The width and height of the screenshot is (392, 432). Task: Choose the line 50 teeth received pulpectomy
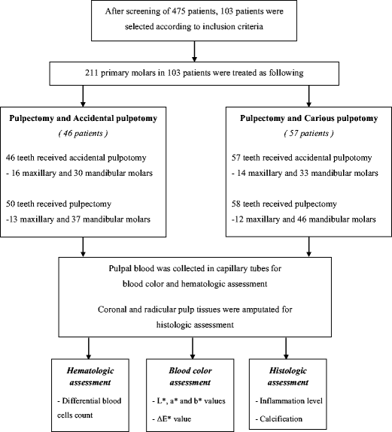pyautogui.click(x=69, y=204)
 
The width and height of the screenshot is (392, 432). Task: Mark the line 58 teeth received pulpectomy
pyautogui.click(x=291, y=204)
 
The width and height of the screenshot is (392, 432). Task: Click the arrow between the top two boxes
pyautogui.click(x=196, y=51)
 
